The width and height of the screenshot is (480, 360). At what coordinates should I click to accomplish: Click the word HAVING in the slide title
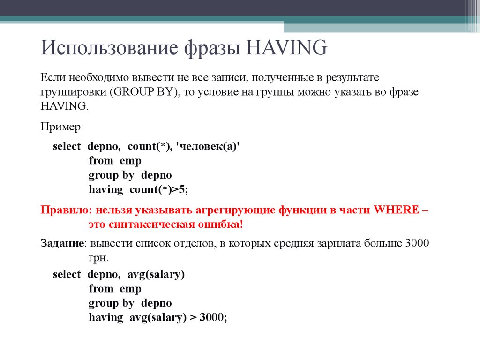tap(287, 49)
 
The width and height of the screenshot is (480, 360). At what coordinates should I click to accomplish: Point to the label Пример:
tap(61, 127)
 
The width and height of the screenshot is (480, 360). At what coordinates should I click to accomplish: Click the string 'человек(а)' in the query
tap(206, 146)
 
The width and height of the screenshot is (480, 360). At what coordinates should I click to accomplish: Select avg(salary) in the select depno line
tap(156, 274)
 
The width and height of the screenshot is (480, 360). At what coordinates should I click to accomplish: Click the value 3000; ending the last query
tap(213, 317)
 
